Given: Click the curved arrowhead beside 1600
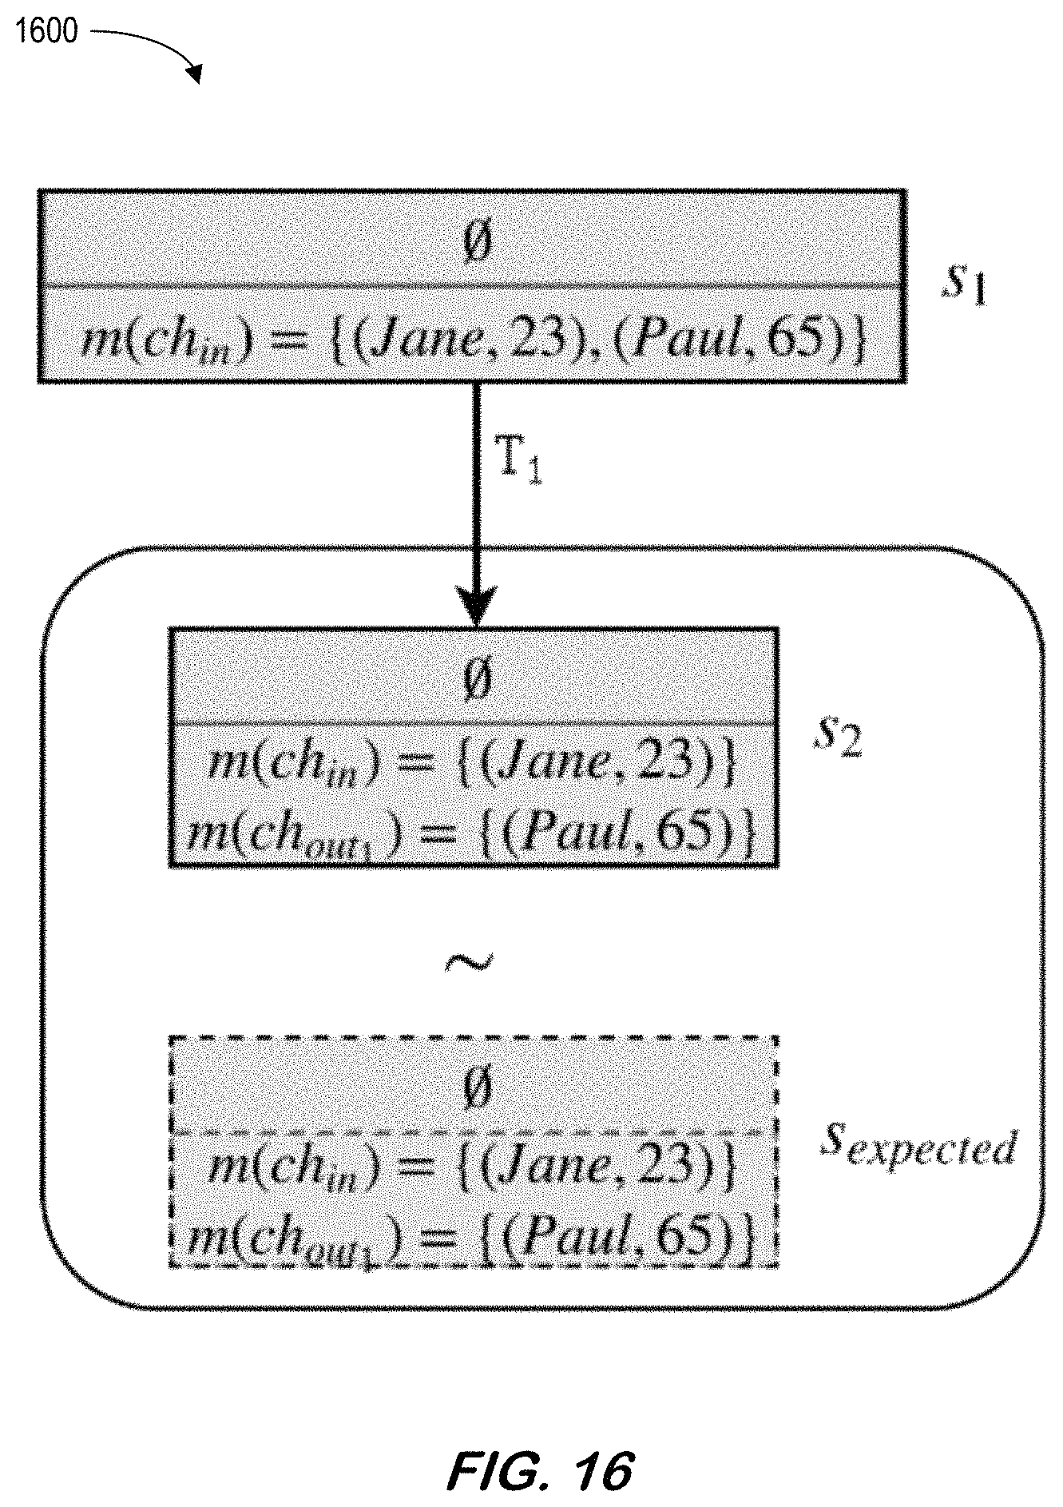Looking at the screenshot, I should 193,74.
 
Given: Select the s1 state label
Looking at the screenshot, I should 963,287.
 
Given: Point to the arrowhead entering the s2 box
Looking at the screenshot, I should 475,607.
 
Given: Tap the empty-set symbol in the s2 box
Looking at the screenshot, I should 476,680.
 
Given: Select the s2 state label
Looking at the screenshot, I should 837,737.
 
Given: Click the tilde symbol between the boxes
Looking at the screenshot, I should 469,964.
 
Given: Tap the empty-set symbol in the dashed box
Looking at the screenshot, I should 476,1088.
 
